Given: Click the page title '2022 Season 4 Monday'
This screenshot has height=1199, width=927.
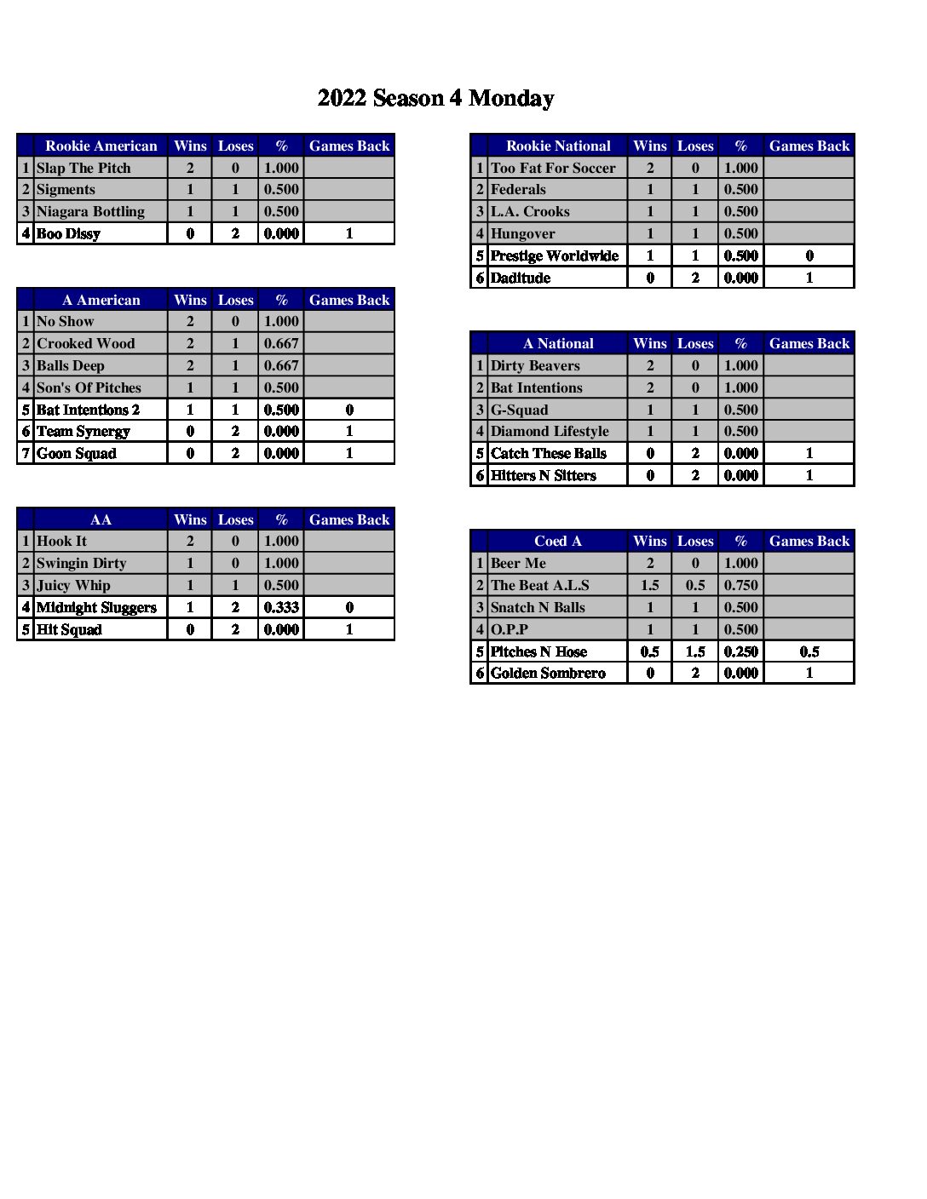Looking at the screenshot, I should point(435,99).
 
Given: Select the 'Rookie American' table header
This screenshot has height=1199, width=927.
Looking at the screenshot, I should point(101,146).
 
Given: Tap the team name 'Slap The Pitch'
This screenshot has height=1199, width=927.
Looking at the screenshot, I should point(83,168).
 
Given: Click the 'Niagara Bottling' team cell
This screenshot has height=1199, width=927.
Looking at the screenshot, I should point(90,211).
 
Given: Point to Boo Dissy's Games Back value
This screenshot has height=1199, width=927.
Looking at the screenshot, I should point(349,233).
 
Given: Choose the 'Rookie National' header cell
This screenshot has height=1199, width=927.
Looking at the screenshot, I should point(558,146).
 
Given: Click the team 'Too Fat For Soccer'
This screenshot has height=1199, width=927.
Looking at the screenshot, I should point(553,168).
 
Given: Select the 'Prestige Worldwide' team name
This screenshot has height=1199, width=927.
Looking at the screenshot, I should point(555,255).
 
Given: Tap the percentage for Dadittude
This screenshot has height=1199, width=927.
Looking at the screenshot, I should point(740,278).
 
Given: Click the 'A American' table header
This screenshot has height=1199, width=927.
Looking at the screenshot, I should point(101,300).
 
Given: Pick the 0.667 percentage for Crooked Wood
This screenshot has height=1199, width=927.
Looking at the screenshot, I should point(281,343).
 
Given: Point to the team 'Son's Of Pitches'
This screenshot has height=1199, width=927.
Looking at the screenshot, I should point(89,387).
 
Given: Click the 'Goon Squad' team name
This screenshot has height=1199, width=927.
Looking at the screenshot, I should point(77,453).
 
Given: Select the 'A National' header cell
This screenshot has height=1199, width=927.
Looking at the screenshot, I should point(558,343).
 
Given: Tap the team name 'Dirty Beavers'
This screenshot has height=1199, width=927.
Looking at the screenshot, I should point(535,365).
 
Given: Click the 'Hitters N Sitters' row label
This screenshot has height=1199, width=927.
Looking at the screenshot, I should point(544,475).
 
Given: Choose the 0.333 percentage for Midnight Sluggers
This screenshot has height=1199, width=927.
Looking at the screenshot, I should point(281,607).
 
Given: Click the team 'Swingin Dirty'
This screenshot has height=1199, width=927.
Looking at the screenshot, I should point(81,563).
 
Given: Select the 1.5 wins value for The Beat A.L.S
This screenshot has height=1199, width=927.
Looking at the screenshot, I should point(650,585).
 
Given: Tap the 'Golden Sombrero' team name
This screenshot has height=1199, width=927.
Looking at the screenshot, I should point(548,673).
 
